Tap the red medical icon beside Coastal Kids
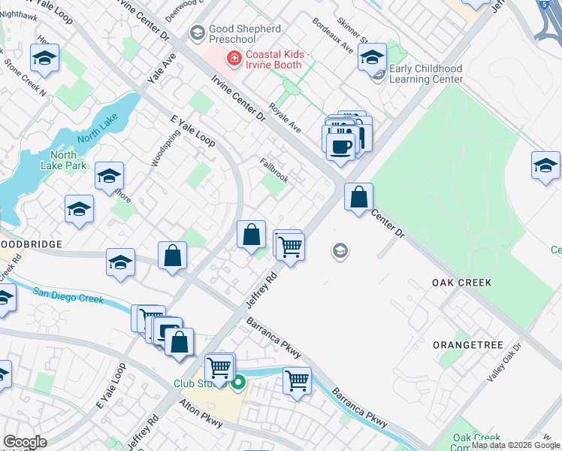(x=234, y=57)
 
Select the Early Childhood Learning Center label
(x=425, y=74)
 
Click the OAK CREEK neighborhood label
(x=461, y=283)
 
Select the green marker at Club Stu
(x=238, y=383)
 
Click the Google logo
(x=25, y=442)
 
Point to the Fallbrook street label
(x=274, y=170)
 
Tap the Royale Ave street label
(x=286, y=119)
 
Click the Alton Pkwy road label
(x=201, y=414)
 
